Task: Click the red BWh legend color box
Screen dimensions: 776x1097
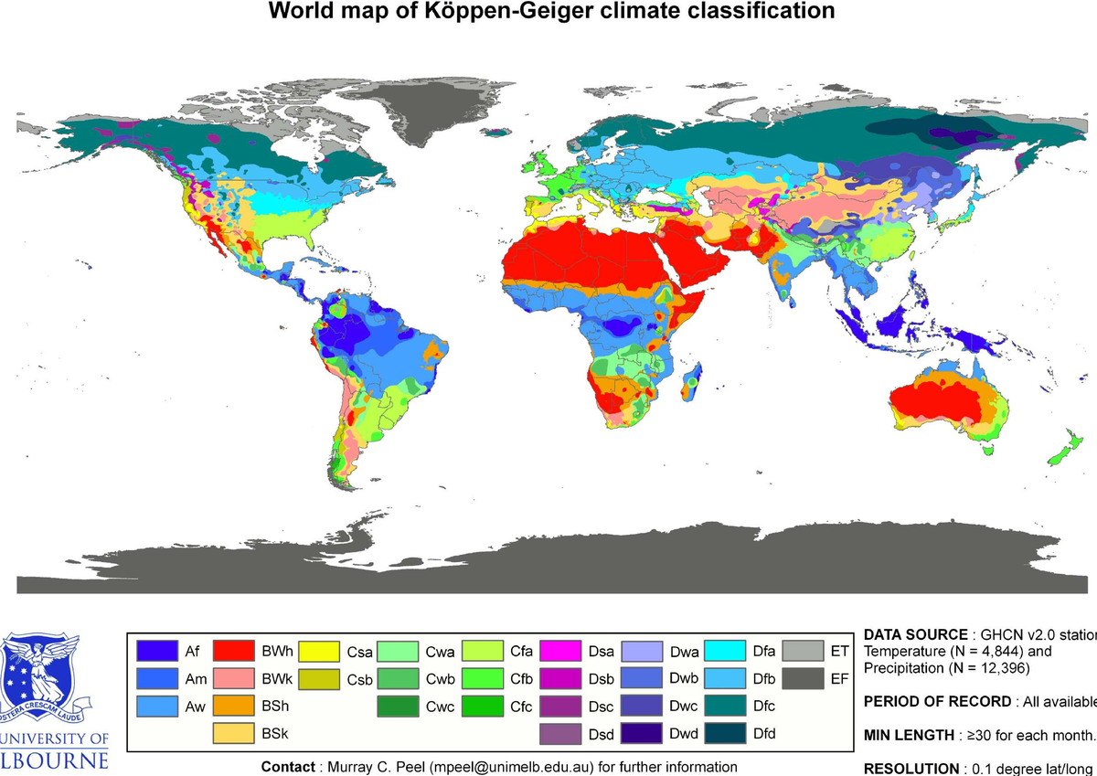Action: (232, 651)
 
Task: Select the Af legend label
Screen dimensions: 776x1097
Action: (192, 652)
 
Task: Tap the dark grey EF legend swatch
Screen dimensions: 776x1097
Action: (802, 678)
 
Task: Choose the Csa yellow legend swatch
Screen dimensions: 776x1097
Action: (316, 651)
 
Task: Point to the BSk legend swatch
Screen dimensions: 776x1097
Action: (232, 733)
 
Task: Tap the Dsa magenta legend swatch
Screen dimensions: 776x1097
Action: (560, 651)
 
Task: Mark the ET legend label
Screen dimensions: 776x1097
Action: (839, 652)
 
